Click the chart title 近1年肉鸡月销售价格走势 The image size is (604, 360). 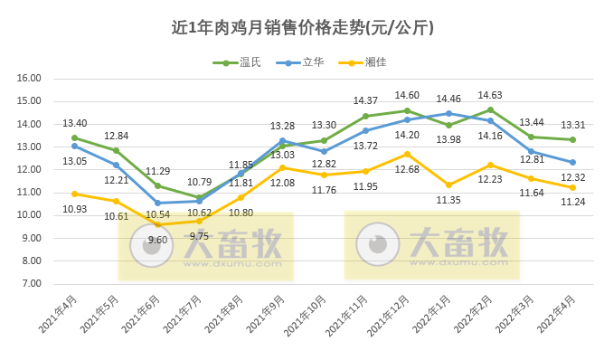coord(302,28)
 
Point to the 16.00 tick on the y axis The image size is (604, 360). coord(30,79)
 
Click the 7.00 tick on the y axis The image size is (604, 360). coord(30,284)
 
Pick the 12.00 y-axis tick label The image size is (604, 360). coord(30,170)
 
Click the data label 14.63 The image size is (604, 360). coord(490,94)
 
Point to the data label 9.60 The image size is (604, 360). coord(157,240)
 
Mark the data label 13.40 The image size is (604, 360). coord(74,123)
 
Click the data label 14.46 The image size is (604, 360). coord(448,98)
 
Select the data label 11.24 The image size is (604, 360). coord(573,202)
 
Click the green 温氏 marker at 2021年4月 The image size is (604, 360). coord(74,137)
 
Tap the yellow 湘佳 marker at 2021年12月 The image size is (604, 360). coord(407,154)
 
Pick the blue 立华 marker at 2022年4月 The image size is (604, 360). coord(573,162)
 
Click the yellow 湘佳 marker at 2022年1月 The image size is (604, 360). coord(448,185)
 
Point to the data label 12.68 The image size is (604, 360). coord(407,168)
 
